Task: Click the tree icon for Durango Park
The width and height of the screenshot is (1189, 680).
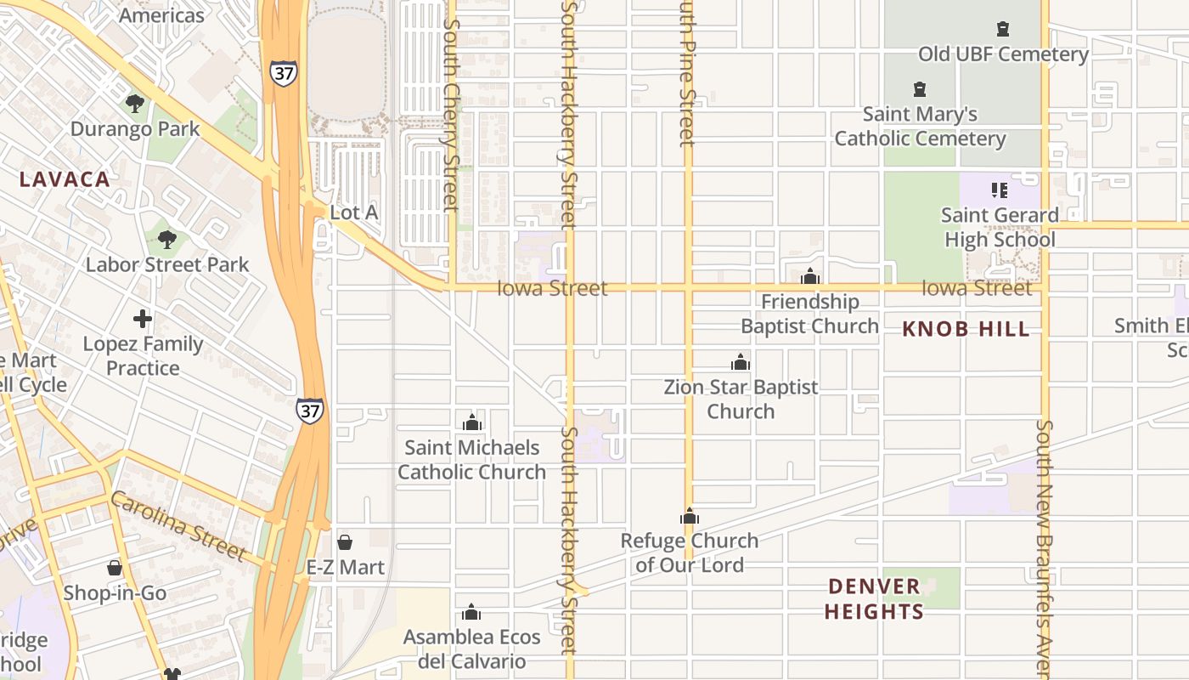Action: (x=134, y=104)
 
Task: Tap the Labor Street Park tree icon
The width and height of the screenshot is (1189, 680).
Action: (x=167, y=239)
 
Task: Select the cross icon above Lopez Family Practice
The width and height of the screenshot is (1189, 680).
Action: (x=143, y=320)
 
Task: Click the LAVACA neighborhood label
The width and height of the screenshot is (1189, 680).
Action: (x=65, y=179)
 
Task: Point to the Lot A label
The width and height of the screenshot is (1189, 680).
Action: (x=353, y=212)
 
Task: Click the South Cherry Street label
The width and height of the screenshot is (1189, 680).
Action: (x=451, y=110)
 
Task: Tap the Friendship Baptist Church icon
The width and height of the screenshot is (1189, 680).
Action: (x=810, y=276)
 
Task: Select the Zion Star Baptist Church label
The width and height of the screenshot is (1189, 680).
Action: (x=741, y=399)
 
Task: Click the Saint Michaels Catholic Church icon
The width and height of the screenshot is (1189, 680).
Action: (x=472, y=422)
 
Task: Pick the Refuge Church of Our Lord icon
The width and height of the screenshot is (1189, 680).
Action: (x=690, y=516)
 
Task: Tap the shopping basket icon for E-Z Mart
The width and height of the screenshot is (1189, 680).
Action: (x=345, y=542)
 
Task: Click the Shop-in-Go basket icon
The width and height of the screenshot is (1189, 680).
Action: (x=115, y=568)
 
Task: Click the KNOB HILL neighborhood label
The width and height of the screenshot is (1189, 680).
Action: (x=966, y=330)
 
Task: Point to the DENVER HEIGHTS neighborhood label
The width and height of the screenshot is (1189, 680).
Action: (x=874, y=598)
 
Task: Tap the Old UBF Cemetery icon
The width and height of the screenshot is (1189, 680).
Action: (x=1003, y=29)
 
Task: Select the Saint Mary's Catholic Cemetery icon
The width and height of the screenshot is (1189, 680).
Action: (x=919, y=88)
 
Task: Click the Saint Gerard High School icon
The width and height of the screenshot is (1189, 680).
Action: (x=1000, y=190)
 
